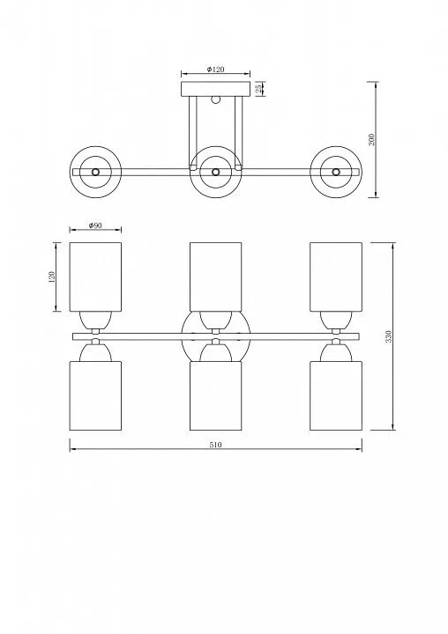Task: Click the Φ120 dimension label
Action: click(x=215, y=70)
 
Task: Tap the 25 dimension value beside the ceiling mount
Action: click(x=258, y=89)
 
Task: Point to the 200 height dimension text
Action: click(x=372, y=139)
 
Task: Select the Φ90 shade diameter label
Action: click(x=95, y=225)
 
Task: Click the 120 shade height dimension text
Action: click(x=51, y=277)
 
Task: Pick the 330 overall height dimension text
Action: click(x=388, y=336)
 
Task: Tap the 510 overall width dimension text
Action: click(x=215, y=445)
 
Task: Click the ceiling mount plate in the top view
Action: click(x=215, y=89)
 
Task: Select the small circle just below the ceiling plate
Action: click(x=215, y=100)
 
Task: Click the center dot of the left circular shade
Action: click(x=95, y=172)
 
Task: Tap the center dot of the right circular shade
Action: click(x=336, y=172)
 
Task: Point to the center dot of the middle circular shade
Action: click(x=216, y=172)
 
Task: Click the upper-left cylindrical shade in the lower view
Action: click(x=95, y=277)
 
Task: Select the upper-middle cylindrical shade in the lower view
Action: click(x=216, y=277)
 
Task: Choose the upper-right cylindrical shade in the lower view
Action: click(x=336, y=277)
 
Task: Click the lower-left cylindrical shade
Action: click(x=95, y=395)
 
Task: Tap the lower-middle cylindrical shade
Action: click(x=216, y=395)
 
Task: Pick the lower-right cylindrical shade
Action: click(x=336, y=395)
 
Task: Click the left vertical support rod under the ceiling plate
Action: click(x=193, y=131)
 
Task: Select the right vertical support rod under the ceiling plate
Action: click(x=238, y=131)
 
